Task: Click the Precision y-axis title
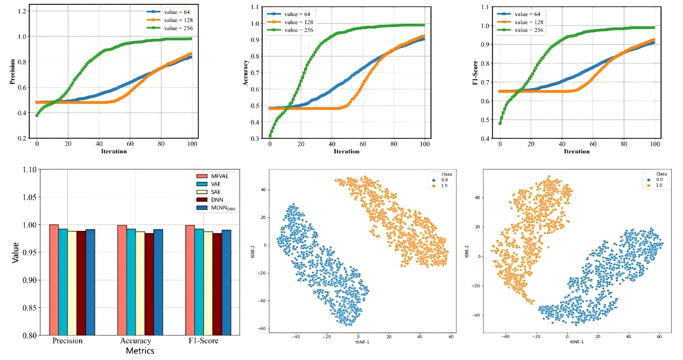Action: pyautogui.click(x=11, y=75)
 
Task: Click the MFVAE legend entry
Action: pyautogui.click(x=217, y=177)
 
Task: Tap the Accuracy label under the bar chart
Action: pyautogui.click(x=136, y=341)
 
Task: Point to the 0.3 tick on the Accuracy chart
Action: pyautogui.click(x=259, y=139)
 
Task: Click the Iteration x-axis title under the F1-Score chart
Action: pyautogui.click(x=576, y=151)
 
